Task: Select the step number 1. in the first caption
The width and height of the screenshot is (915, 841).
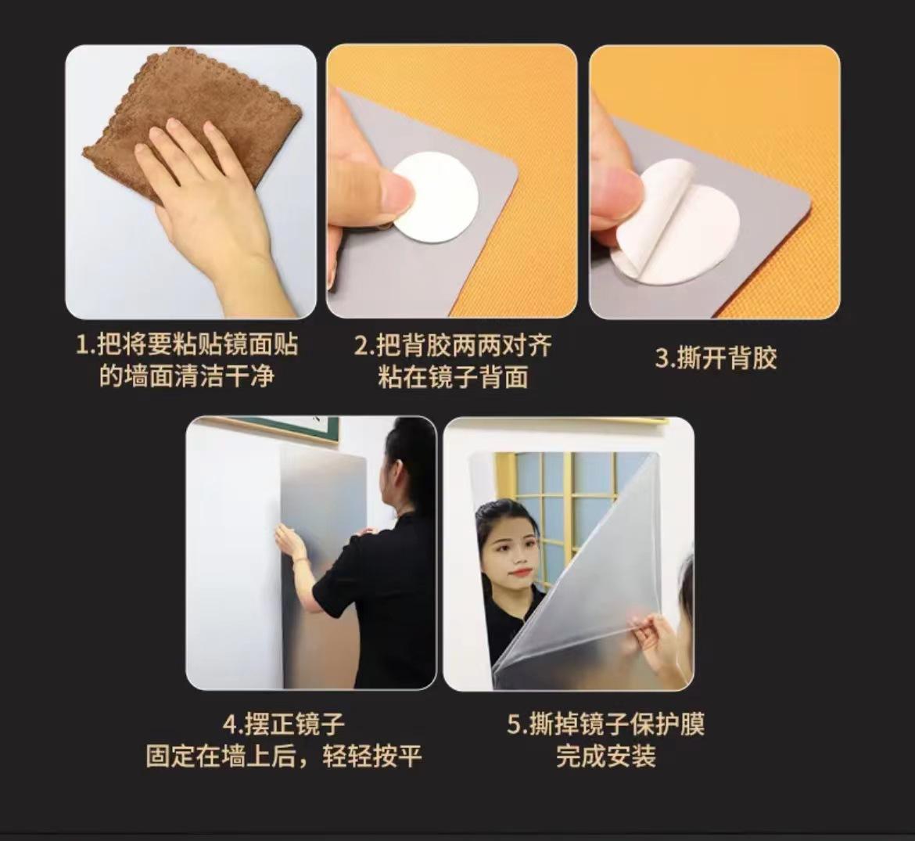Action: click(85, 345)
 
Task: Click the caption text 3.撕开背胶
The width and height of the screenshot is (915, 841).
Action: click(716, 358)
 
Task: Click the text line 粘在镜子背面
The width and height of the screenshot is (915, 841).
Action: click(453, 376)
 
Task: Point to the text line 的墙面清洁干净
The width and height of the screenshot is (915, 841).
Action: click(187, 376)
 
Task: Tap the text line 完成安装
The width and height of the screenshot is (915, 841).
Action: click(606, 757)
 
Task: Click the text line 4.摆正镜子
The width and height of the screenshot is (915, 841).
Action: click(284, 725)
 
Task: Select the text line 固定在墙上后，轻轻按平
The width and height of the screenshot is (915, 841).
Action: click(284, 757)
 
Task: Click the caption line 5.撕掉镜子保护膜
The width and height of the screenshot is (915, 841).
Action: click(606, 725)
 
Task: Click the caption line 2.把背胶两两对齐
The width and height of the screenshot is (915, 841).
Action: click(453, 346)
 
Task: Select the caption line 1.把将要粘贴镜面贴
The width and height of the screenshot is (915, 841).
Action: click(188, 345)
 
